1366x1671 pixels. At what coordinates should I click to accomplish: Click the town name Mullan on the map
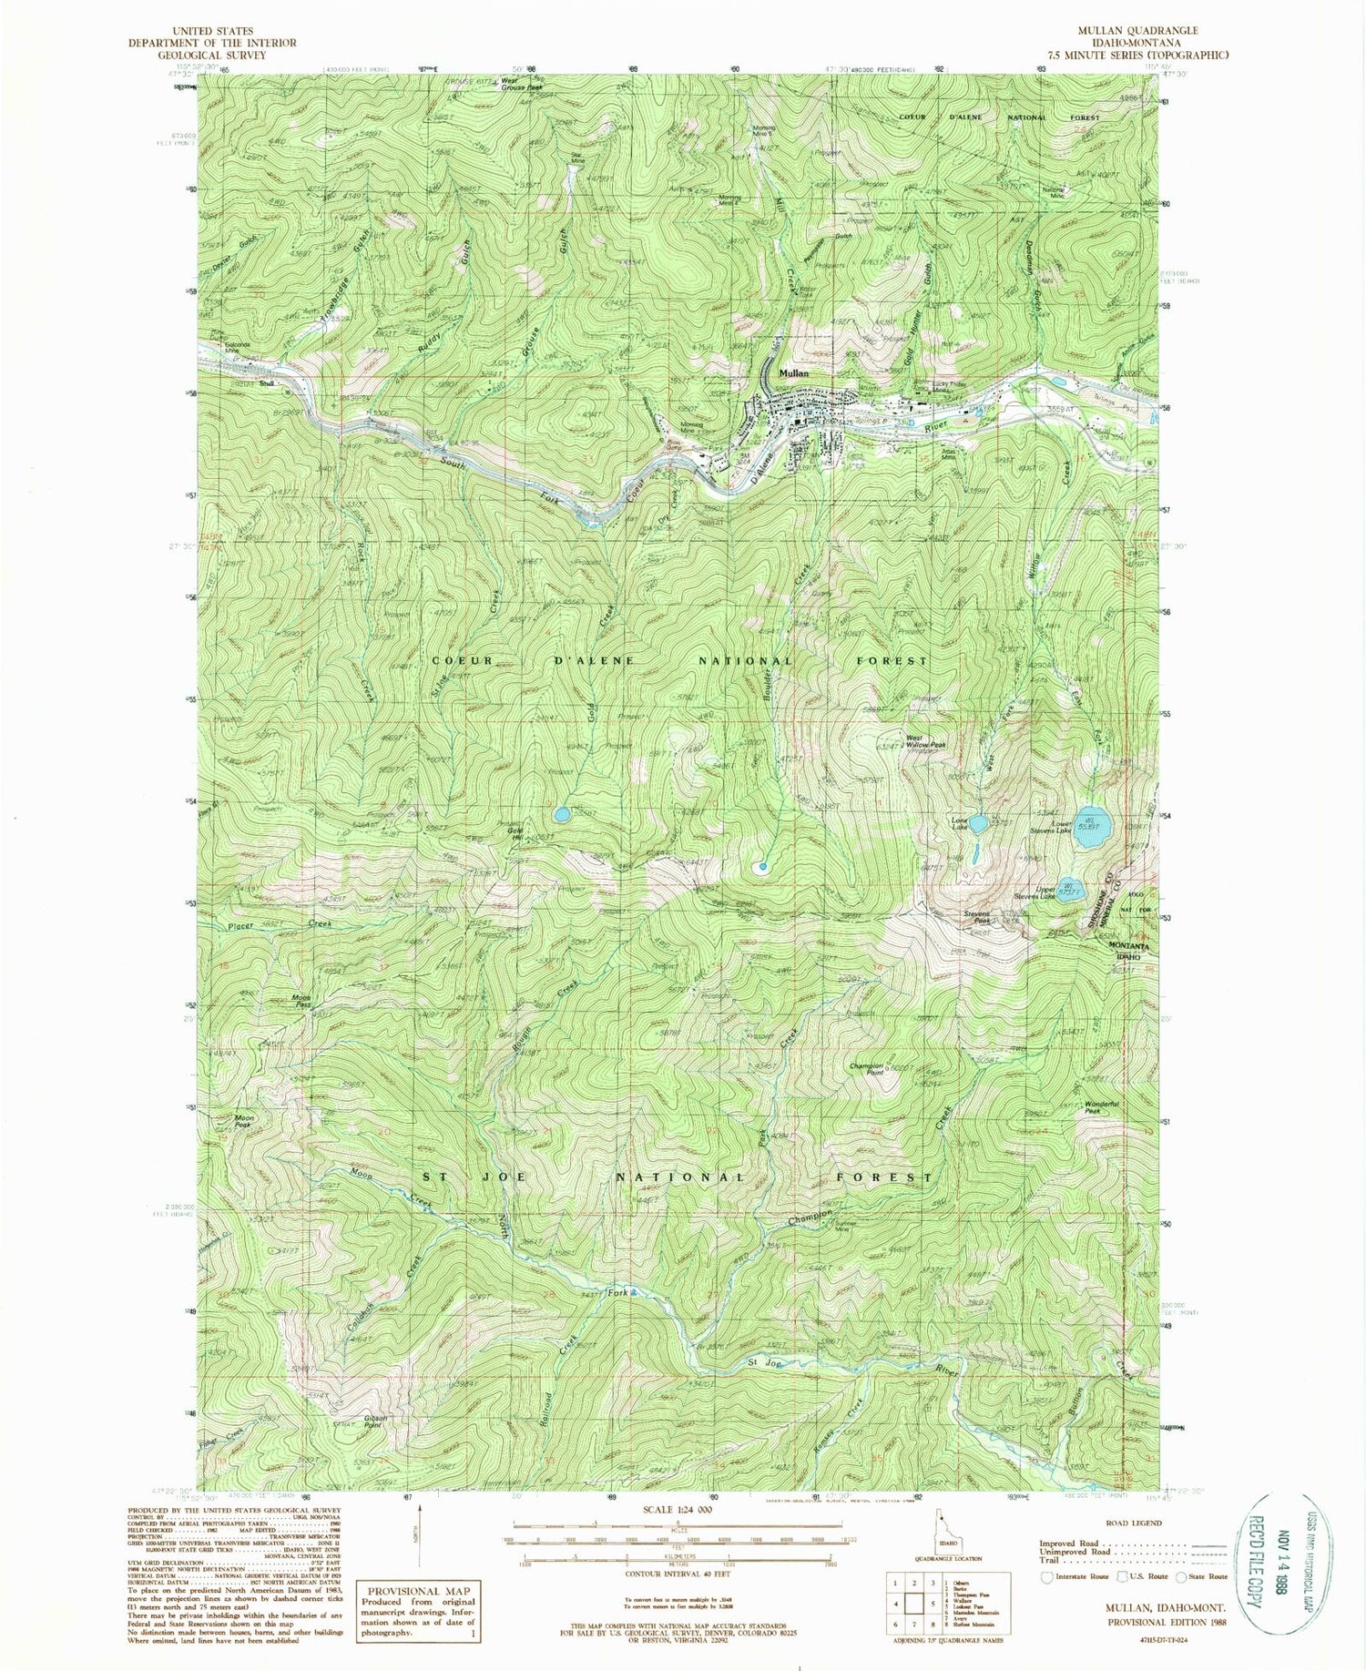tap(791, 372)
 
